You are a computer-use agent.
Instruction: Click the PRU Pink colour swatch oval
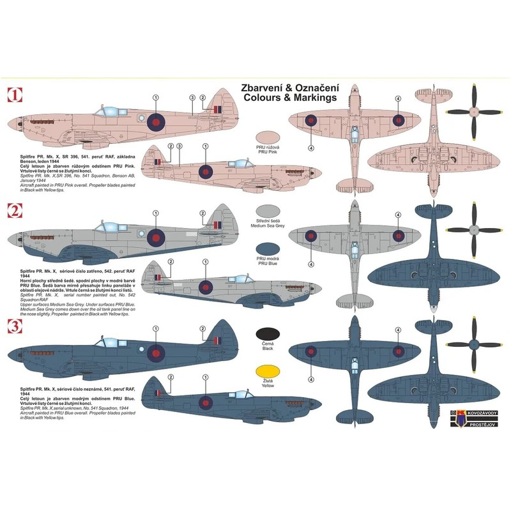[268, 137]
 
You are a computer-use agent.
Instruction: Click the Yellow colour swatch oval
[268, 372]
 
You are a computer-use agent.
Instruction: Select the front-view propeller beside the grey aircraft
[473, 228]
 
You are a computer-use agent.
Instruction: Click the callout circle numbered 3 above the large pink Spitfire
[193, 97]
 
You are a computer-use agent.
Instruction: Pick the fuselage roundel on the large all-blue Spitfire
[155, 352]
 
